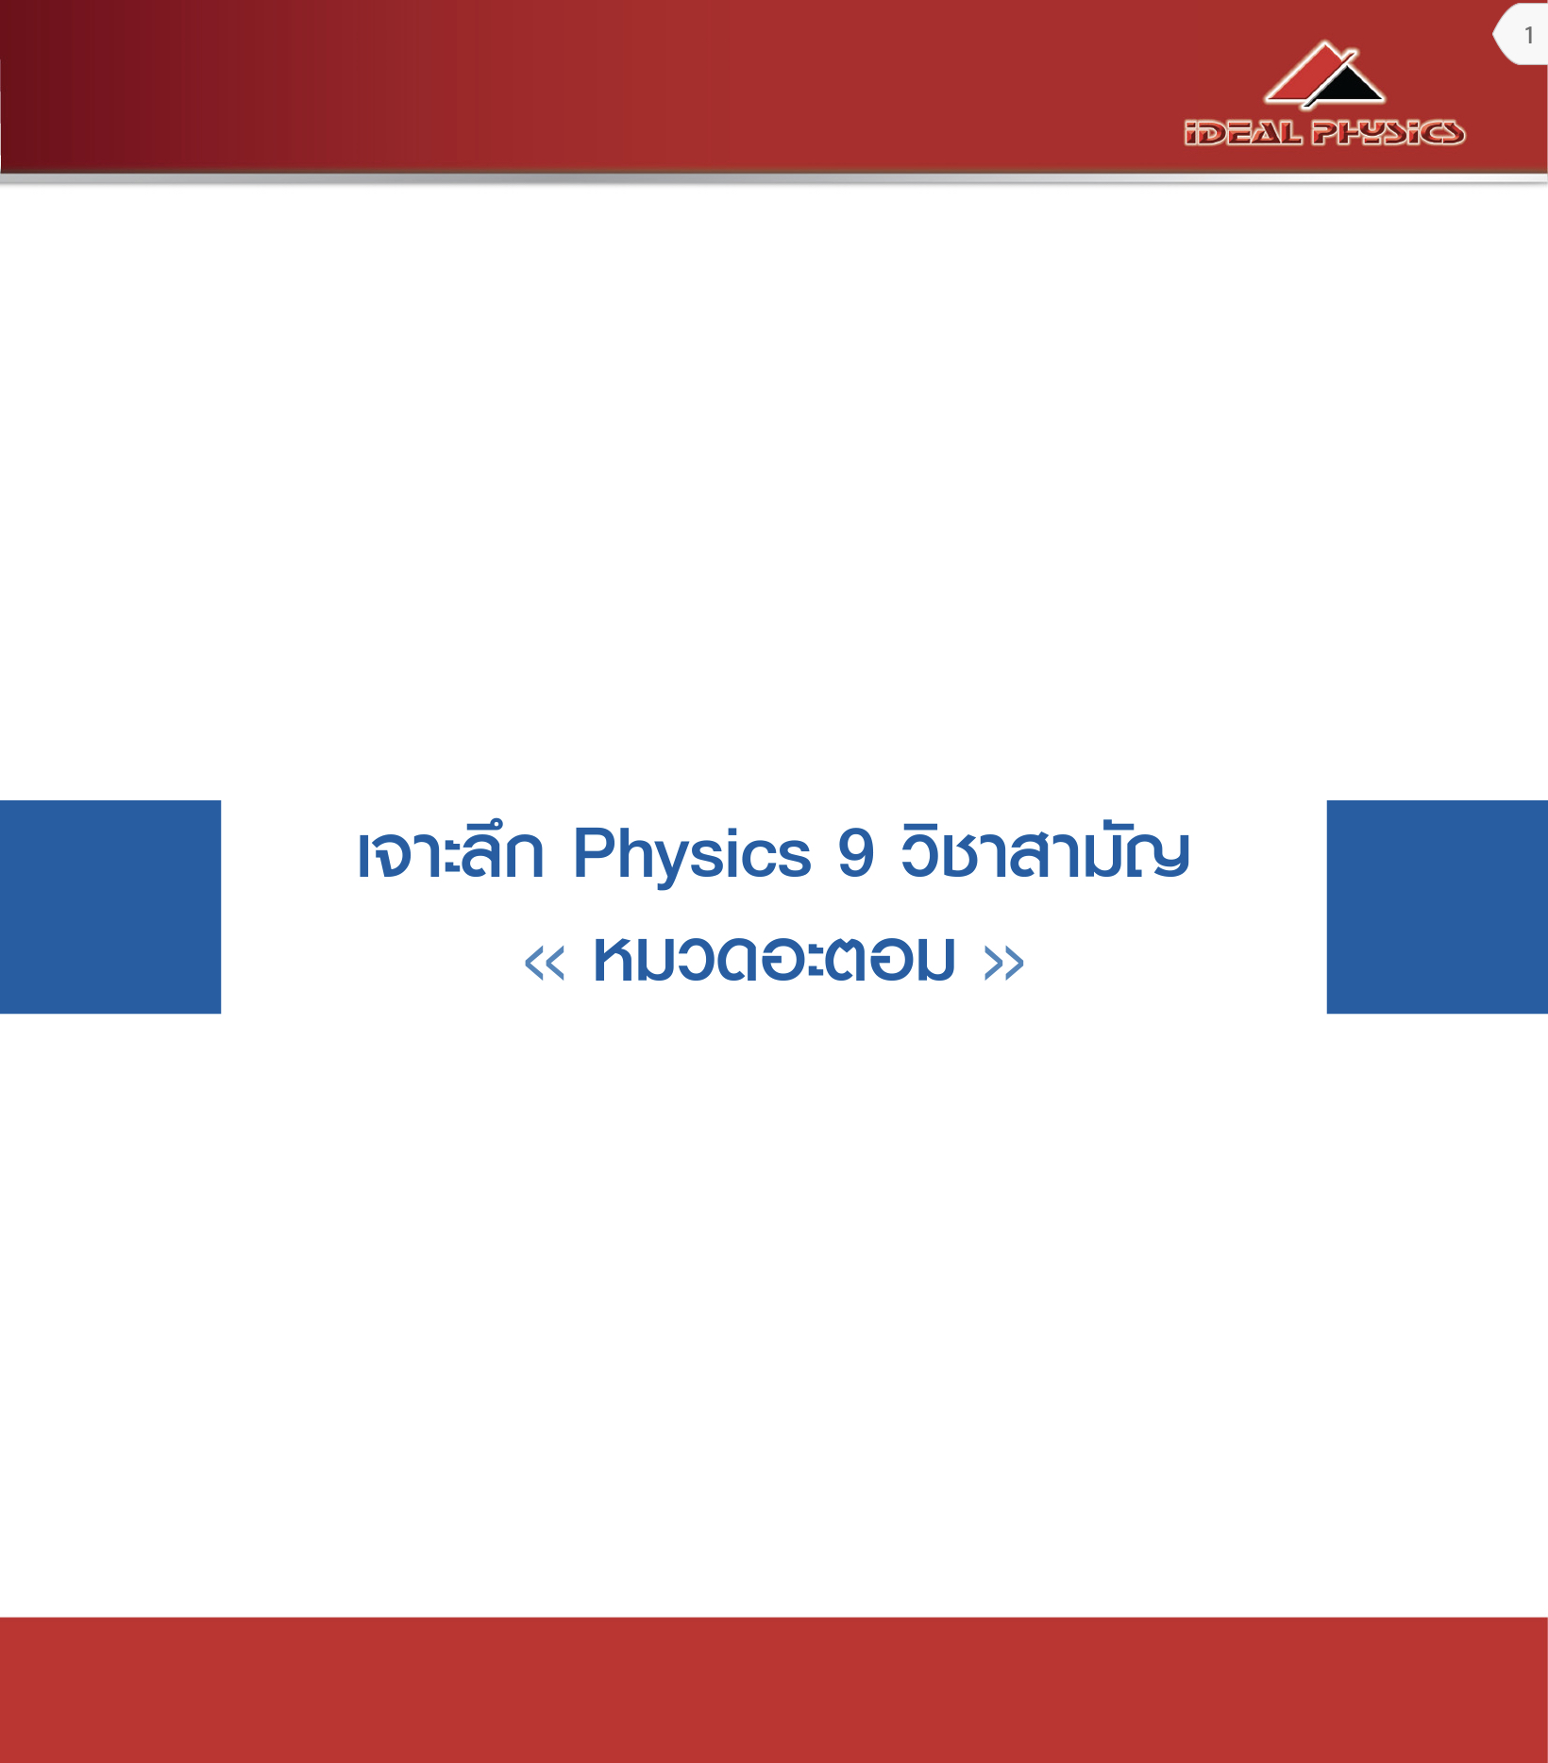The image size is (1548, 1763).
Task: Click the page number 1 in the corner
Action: click(1529, 36)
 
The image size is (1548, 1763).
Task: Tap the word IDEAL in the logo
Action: click(1243, 132)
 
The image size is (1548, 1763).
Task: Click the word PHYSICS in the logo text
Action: click(1388, 132)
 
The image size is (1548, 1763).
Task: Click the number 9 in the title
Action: click(855, 853)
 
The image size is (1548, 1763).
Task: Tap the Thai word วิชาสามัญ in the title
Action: click(1045, 851)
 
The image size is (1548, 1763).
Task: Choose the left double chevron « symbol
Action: click(545, 964)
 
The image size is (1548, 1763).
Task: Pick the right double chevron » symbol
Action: click(1003, 964)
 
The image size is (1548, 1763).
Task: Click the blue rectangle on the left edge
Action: click(110, 907)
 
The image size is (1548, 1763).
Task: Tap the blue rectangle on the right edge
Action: click(1438, 907)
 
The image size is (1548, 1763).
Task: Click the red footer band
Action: click(774, 1689)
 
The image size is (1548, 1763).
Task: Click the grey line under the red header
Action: click(774, 177)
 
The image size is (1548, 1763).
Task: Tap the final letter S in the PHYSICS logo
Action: click(1449, 133)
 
